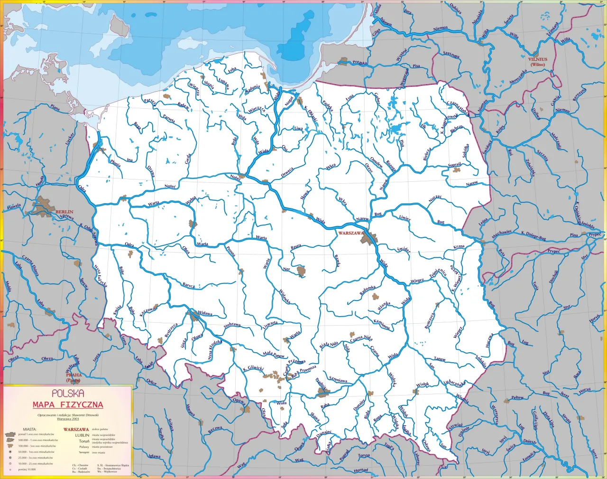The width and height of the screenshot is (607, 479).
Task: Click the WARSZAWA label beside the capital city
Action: [351, 234]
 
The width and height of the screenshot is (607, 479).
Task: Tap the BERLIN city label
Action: [64, 212]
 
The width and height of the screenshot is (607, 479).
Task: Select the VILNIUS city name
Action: [537, 60]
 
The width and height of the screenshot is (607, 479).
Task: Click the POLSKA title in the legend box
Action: [68, 394]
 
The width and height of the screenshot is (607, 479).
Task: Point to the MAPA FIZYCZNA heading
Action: [68, 405]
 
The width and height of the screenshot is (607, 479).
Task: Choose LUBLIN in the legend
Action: [82, 435]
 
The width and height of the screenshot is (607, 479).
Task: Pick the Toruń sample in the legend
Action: [84, 441]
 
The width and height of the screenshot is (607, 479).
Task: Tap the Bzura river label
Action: [295, 247]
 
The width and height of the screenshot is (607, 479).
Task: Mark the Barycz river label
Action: [189, 285]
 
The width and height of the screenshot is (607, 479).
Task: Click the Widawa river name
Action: [205, 313]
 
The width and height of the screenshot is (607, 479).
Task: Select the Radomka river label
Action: [368, 291]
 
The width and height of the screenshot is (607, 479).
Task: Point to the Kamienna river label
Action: [382, 325]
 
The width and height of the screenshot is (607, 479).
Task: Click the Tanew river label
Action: [440, 359]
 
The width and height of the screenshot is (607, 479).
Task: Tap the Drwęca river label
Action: [287, 172]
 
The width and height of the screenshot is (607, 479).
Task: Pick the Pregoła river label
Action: [359, 63]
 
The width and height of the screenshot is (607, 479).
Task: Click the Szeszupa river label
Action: [451, 55]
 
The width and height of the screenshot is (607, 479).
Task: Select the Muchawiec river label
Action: [502, 234]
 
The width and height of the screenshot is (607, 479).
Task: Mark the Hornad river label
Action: [360, 470]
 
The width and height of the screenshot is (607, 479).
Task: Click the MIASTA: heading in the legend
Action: [29, 429]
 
